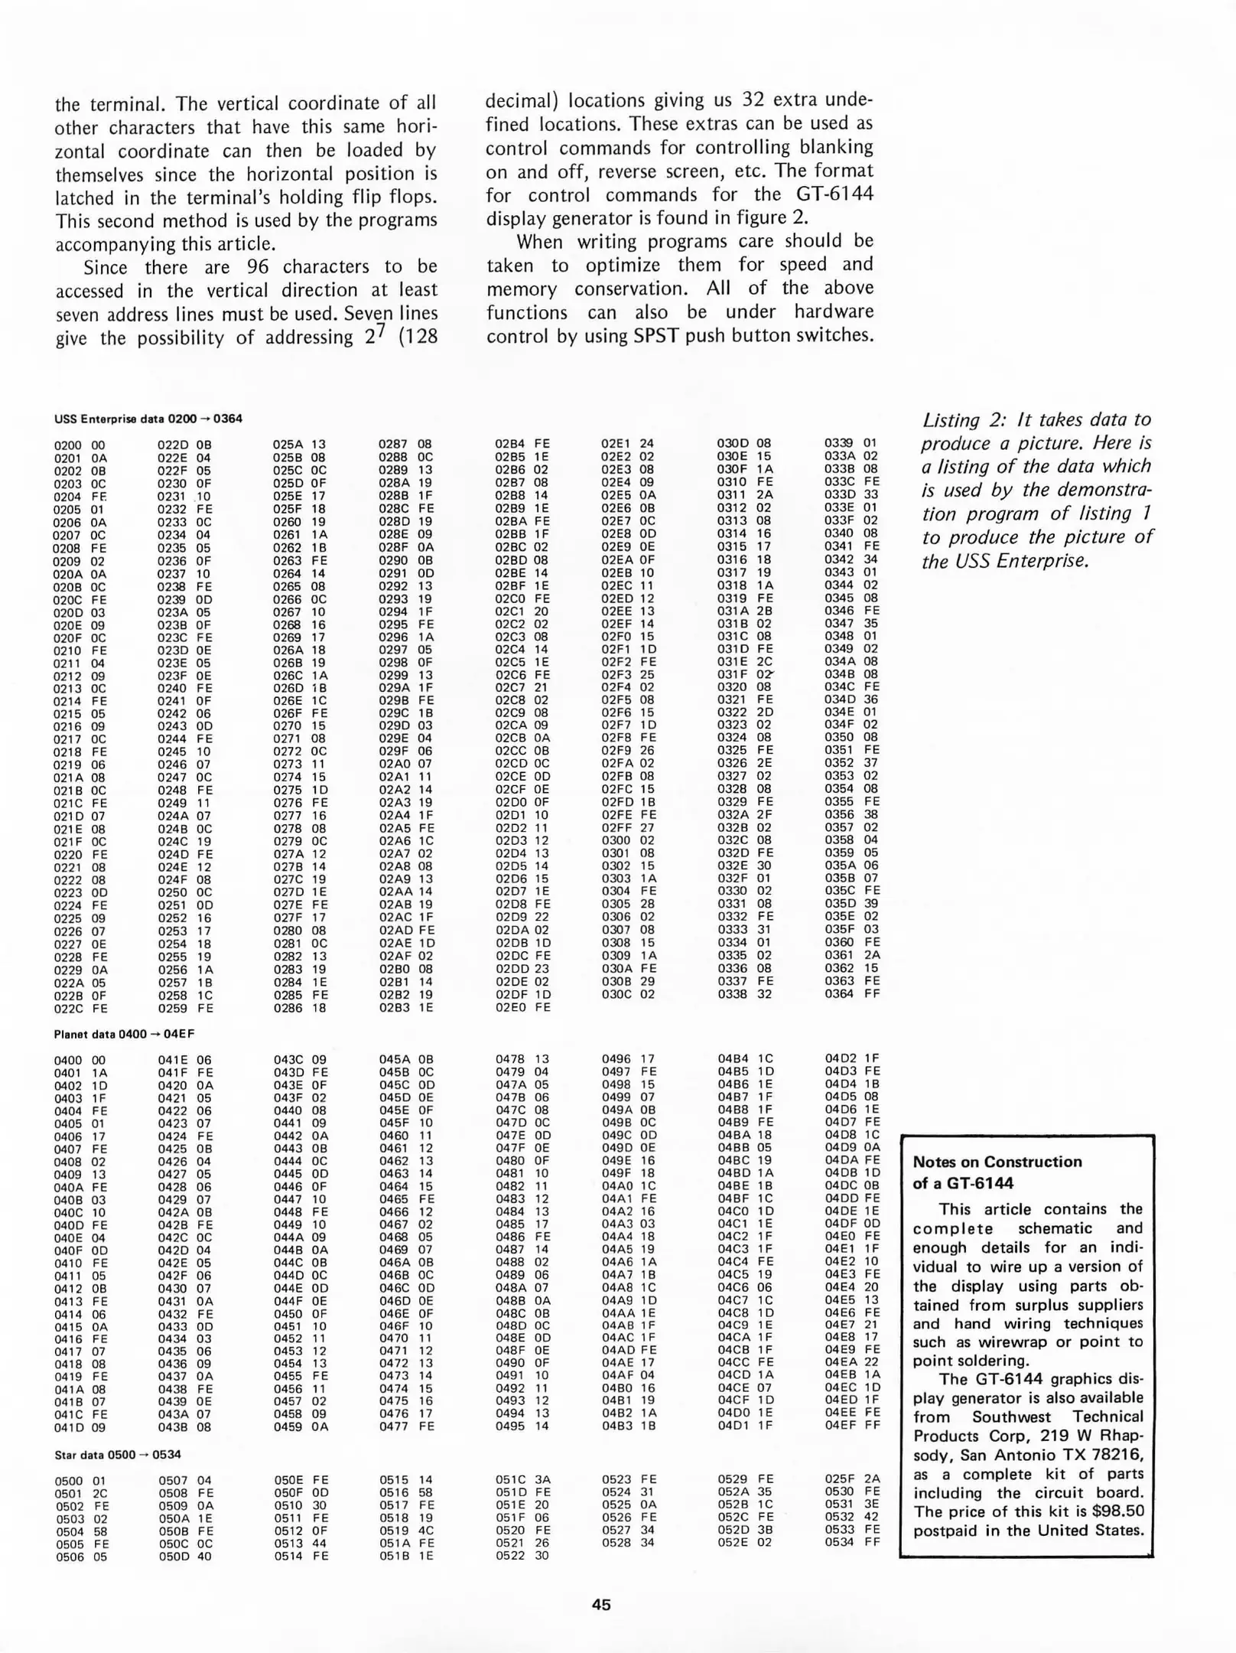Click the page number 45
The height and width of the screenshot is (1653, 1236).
click(601, 1605)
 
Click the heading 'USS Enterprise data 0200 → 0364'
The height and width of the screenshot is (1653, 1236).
click(148, 419)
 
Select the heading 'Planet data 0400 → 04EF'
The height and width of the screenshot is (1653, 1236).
click(124, 1034)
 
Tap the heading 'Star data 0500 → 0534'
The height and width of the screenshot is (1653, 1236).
click(117, 1454)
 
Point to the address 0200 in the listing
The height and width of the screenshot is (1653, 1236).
click(68, 445)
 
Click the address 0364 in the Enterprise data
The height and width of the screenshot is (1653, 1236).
click(838, 993)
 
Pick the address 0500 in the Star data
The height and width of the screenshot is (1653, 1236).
click(70, 1481)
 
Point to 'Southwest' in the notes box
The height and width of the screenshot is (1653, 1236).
click(1010, 1417)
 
